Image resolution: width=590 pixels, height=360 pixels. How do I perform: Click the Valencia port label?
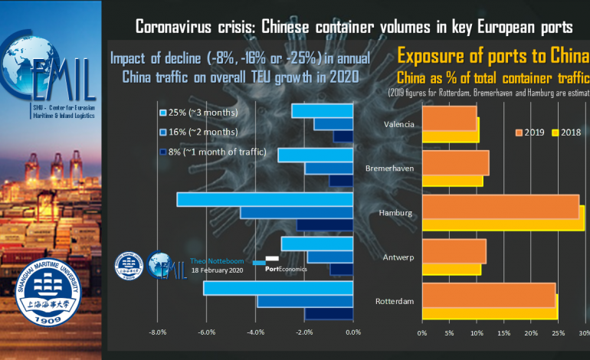pyautogui.click(x=399, y=123)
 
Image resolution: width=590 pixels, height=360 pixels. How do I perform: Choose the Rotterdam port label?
pyautogui.click(x=395, y=301)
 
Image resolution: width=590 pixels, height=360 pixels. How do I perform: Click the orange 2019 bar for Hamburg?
pyautogui.click(x=500, y=206)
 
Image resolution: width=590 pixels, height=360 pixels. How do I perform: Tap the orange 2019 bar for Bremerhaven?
pyautogui.click(x=455, y=162)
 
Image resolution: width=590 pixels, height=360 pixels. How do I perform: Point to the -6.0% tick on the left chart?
pyautogui.click(x=207, y=332)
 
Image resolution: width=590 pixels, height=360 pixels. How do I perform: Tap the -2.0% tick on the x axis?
pyautogui.click(x=304, y=332)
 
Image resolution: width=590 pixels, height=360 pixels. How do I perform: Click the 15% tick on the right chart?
pyautogui.click(x=503, y=333)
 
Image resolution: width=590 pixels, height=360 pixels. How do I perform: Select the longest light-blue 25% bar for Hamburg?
pyautogui.click(x=264, y=198)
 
